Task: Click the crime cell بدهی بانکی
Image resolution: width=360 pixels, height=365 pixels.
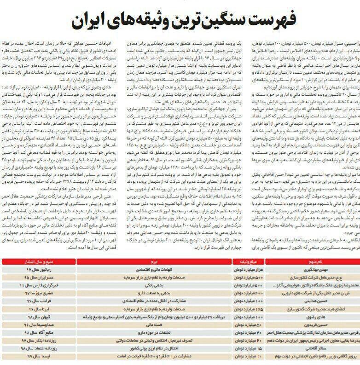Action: [151, 285]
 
